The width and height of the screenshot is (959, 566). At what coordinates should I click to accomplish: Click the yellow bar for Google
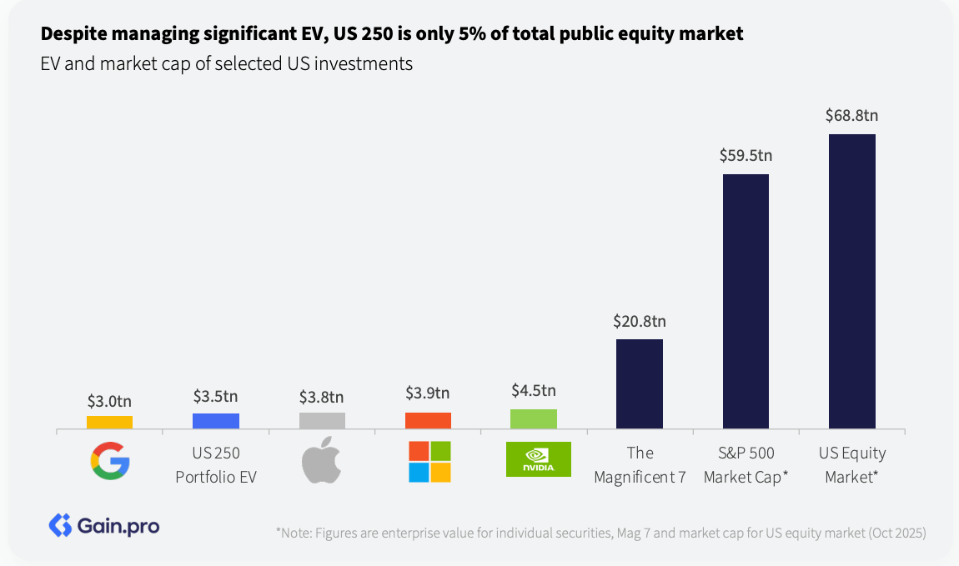(x=109, y=423)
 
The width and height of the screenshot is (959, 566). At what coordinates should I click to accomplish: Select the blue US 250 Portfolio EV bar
(x=215, y=421)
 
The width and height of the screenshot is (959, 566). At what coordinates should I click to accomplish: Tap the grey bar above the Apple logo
(x=322, y=421)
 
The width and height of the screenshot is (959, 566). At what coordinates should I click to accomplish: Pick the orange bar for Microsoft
(x=428, y=421)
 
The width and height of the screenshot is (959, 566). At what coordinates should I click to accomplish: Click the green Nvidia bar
(x=534, y=419)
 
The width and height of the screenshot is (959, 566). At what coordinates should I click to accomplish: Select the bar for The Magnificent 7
(x=640, y=384)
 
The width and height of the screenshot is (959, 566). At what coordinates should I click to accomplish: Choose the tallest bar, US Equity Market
(x=851, y=282)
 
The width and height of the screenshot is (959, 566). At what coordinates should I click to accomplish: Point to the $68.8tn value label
(x=851, y=115)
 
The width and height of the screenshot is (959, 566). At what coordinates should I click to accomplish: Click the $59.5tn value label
(x=746, y=155)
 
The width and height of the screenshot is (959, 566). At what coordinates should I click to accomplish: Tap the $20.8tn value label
(x=640, y=320)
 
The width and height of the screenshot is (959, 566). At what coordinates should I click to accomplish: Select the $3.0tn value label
(x=109, y=399)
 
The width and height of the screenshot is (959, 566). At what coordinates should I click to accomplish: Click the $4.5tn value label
(x=534, y=390)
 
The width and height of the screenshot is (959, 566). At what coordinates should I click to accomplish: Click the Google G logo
(x=109, y=461)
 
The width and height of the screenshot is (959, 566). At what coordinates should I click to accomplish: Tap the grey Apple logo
(x=321, y=459)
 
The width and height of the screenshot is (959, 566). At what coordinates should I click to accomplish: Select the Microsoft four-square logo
(x=429, y=461)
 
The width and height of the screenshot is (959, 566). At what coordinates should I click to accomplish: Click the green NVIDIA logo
(x=539, y=459)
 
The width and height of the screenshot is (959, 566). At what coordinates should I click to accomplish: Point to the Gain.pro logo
(x=104, y=525)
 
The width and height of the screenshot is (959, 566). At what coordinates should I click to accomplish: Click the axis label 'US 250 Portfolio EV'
(x=215, y=465)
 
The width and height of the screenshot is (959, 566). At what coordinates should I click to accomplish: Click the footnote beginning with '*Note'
(x=600, y=533)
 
